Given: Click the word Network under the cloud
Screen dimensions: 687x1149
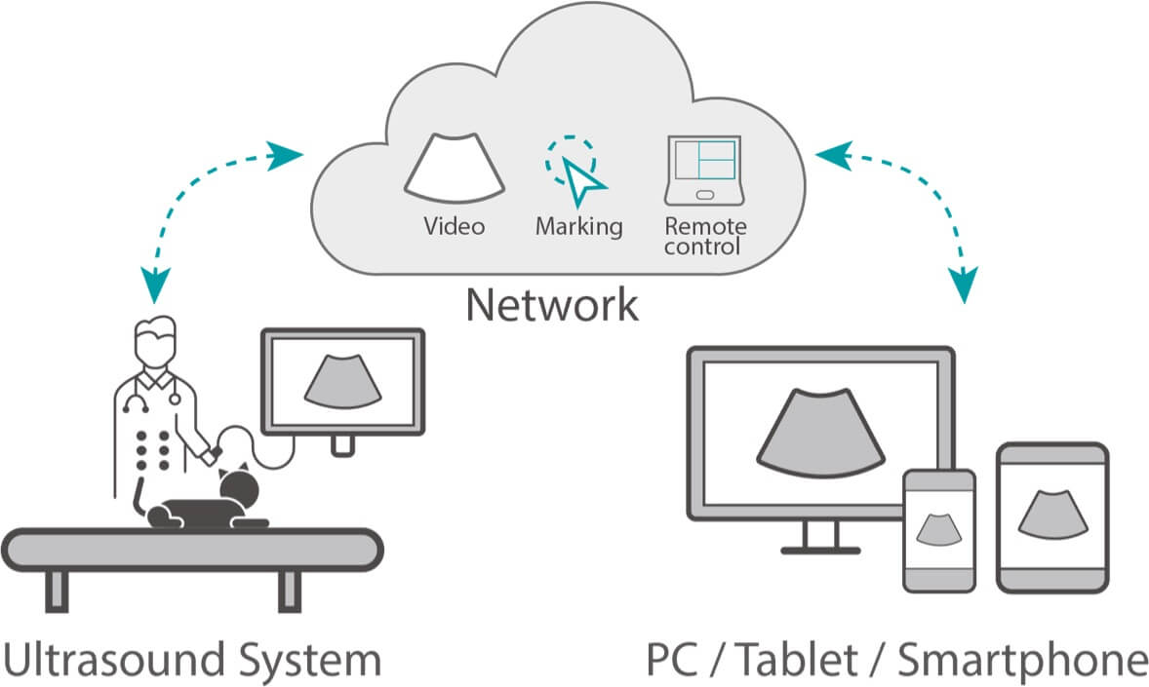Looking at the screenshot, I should click(x=551, y=304).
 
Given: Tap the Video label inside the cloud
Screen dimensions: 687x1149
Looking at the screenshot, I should click(x=454, y=227).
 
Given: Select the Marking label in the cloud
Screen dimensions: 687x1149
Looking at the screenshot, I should click(x=578, y=227).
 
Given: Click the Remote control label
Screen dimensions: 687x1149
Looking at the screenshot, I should click(x=705, y=236).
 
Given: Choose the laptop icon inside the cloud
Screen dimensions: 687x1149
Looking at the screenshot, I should click(x=704, y=170).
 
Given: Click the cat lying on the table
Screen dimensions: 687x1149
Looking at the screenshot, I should click(x=210, y=502).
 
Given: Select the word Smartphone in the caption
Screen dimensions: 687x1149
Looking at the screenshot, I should click(x=1021, y=660).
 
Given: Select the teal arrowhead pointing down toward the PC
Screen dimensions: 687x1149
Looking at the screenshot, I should click(x=963, y=286).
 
